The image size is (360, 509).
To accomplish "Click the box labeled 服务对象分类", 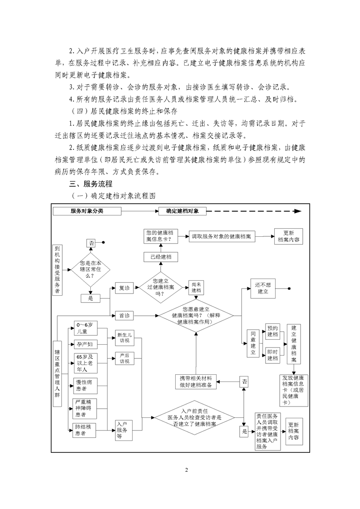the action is coord(87,211).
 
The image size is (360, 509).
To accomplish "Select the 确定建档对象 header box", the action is coord(182,211).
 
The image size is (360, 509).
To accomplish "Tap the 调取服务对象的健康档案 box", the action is coord(222,236).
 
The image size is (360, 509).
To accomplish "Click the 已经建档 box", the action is coord(161,257).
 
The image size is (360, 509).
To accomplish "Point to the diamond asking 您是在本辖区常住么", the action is coord(91,269).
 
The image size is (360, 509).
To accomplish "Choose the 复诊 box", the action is coord(124,288).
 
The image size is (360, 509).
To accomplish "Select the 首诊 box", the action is coord(124,316).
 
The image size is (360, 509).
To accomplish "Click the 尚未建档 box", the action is coord(196,288).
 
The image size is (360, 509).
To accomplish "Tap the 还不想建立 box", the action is coord(263,288).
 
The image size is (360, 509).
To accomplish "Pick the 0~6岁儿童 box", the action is coord(86,328).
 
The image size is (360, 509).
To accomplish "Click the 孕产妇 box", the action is coord(86,344).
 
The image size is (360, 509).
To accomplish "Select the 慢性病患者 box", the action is coord(85,386).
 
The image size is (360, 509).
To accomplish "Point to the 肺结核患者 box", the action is coord(84,430).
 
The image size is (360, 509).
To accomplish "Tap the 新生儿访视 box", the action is coord(124,338).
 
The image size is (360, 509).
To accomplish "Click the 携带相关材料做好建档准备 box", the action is coord(196,382).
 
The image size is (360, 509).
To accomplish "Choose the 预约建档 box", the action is coord(272,331).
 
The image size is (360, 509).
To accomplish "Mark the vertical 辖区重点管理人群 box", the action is coord(57,373).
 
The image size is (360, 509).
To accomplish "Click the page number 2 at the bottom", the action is coord(187,470).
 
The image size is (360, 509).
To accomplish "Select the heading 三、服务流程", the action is coord(91,184).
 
